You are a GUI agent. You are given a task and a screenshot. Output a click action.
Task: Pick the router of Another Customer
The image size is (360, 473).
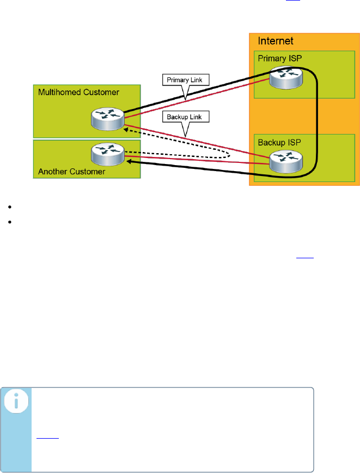(108, 154)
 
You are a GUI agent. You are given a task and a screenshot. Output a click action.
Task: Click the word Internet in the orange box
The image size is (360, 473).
(276, 41)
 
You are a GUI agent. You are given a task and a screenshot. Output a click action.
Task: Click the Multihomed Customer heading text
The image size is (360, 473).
(79, 92)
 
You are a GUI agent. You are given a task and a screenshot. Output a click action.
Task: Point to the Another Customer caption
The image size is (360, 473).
(72, 172)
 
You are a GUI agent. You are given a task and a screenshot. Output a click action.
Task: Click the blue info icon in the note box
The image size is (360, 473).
(16, 403)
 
